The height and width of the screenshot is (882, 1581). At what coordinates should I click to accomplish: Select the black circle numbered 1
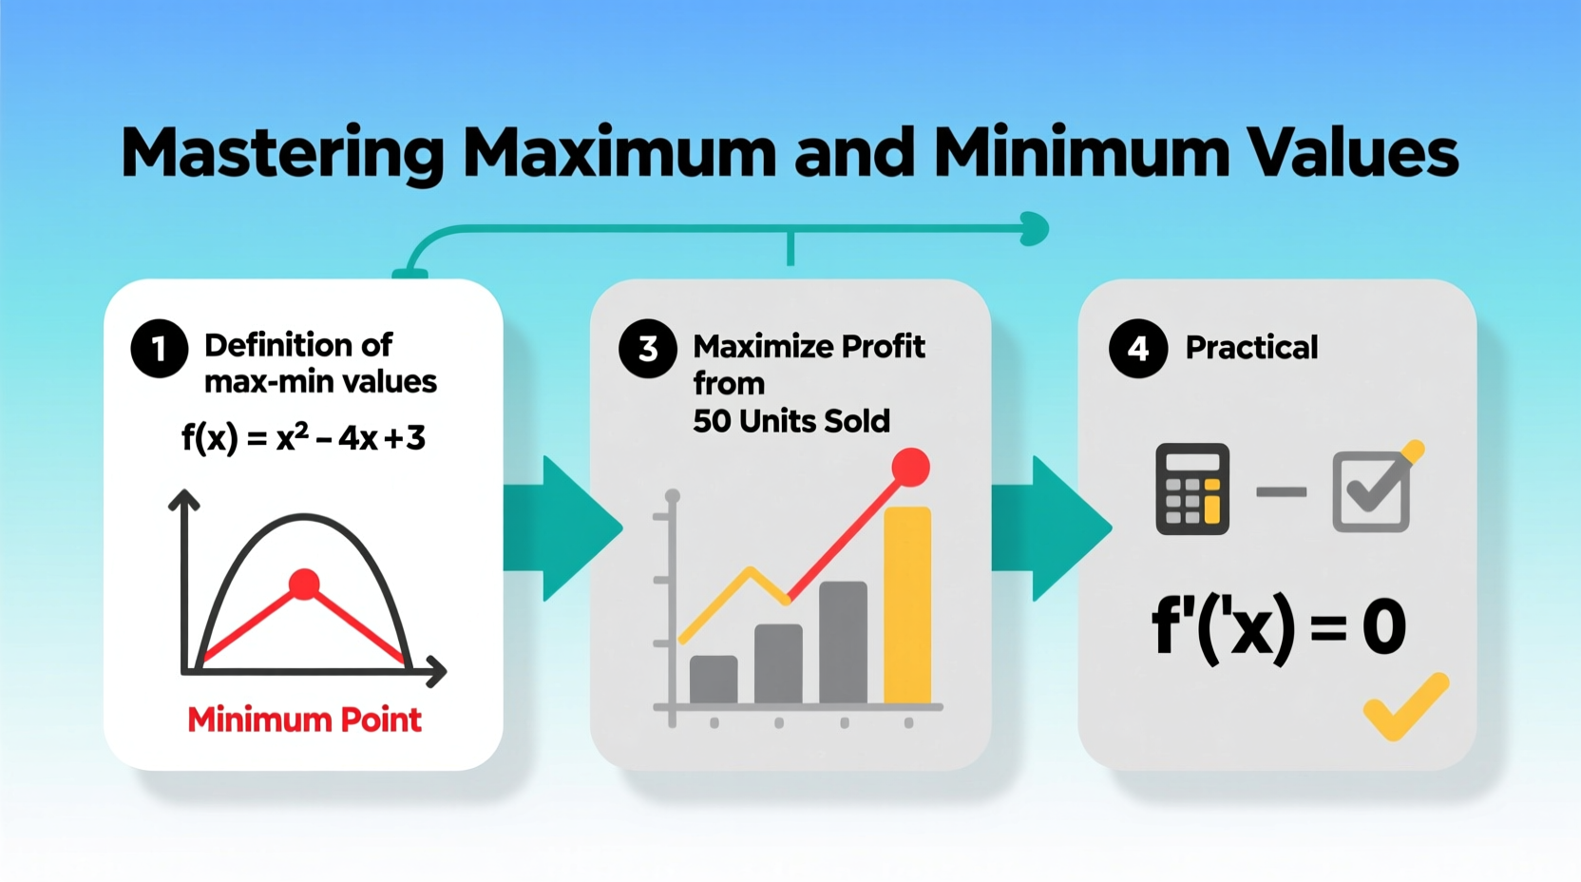(x=159, y=349)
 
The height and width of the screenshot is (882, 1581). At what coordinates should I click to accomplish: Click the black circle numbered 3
(x=647, y=349)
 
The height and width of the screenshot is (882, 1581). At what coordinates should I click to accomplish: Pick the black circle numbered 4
(x=1137, y=349)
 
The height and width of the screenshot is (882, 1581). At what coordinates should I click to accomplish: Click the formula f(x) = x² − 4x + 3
(x=303, y=438)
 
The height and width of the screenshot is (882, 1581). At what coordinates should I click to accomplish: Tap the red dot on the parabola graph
(x=304, y=584)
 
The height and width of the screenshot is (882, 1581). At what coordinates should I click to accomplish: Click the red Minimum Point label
(x=304, y=719)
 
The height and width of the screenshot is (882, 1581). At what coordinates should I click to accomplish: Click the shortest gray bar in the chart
(x=714, y=680)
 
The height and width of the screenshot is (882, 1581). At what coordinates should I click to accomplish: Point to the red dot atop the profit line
(x=910, y=468)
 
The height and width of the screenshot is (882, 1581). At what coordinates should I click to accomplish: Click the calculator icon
(x=1191, y=489)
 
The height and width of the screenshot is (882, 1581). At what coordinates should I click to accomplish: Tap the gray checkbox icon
(x=1371, y=491)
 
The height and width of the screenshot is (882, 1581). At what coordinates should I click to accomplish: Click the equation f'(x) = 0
(x=1278, y=627)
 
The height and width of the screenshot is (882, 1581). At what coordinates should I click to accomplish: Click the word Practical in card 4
(x=1251, y=348)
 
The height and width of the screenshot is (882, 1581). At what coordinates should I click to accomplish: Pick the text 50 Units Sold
(x=791, y=421)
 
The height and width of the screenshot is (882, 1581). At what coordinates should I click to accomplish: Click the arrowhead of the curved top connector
(x=1035, y=229)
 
